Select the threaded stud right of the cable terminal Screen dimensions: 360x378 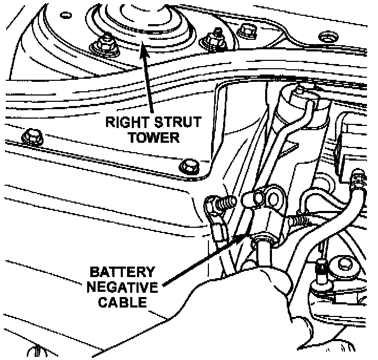coord(298,221)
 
